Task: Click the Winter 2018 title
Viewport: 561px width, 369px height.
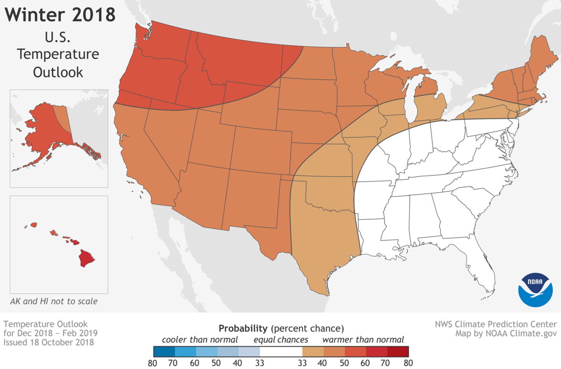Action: pos(60,15)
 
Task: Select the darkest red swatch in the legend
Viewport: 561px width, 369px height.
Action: pos(397,351)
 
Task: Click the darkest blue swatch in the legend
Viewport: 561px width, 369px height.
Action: pos(164,351)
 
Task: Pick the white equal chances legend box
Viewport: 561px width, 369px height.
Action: pos(281,351)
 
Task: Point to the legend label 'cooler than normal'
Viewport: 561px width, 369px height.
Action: pos(200,340)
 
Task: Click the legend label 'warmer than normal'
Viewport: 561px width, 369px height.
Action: pos(363,340)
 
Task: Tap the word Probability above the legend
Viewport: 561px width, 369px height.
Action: pos(243,327)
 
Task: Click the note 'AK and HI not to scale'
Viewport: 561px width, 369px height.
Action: pos(54,301)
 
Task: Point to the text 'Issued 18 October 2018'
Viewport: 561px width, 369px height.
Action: pos(48,342)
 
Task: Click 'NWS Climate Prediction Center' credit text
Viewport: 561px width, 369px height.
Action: pos(495,324)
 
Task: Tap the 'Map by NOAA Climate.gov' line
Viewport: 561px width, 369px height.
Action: pos(506,333)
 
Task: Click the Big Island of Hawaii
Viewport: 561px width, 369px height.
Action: pos(86,257)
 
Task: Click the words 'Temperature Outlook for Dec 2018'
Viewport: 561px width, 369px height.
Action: pos(45,328)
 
